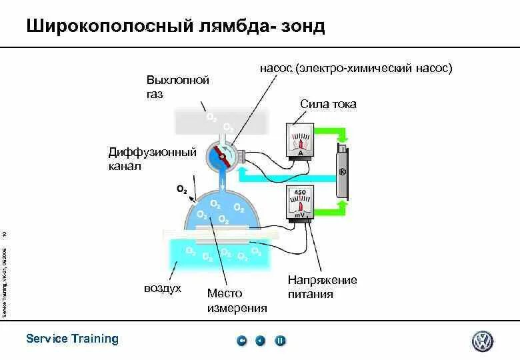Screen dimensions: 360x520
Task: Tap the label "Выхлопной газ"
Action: click(177, 87)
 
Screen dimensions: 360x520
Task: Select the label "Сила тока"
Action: click(328, 104)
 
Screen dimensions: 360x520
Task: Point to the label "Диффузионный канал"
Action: click(153, 159)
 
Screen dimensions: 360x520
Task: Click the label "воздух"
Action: click(163, 289)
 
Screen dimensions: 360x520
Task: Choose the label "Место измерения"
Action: click(237, 300)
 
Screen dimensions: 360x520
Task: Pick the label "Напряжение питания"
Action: click(323, 287)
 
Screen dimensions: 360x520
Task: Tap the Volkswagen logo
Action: click(482, 341)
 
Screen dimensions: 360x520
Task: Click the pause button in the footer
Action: click(281, 341)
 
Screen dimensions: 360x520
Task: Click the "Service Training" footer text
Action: click(72, 339)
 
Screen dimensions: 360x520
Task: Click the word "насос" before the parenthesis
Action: click(277, 68)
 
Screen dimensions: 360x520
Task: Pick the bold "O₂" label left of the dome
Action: click(181, 189)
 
